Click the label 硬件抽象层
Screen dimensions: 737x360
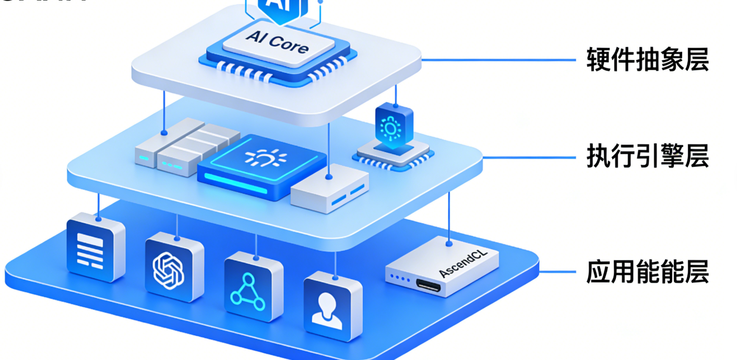(x=647, y=60)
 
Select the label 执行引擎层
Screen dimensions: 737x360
(x=647, y=156)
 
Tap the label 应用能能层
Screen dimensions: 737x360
(x=647, y=272)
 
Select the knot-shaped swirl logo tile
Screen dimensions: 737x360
(x=174, y=268)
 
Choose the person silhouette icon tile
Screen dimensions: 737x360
(x=332, y=307)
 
